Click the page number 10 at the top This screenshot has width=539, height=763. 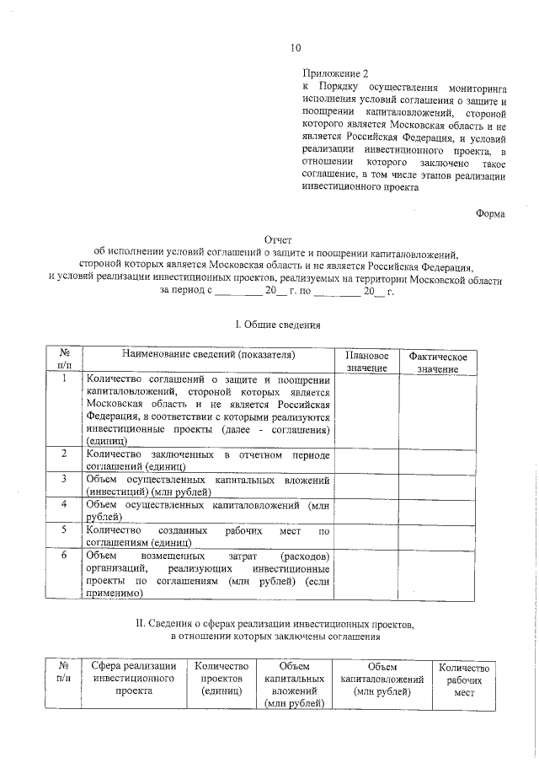click(x=294, y=47)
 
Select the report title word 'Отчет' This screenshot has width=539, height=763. click(x=277, y=239)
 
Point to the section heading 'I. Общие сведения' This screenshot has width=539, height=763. click(x=276, y=324)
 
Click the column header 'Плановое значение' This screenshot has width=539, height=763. click(x=366, y=362)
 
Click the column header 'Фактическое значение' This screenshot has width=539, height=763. click(x=437, y=363)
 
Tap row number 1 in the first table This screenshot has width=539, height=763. click(x=64, y=379)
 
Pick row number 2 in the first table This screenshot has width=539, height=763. click(x=64, y=454)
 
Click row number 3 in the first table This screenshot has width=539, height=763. click(x=64, y=479)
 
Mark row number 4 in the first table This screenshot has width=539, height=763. click(x=64, y=504)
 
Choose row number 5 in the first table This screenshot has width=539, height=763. click(x=64, y=529)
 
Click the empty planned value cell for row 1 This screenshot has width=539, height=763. click(x=366, y=410)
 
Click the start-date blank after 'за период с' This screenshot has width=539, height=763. click(x=238, y=292)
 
